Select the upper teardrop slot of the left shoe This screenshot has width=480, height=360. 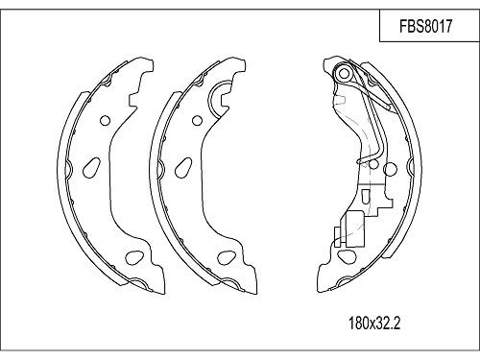point(91,164)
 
